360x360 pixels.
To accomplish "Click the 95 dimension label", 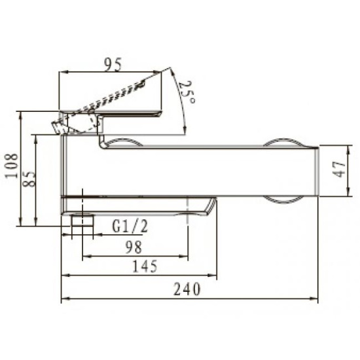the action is click(113, 64).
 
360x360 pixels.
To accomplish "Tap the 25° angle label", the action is click(187, 92).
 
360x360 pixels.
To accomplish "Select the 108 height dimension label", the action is click(12, 166).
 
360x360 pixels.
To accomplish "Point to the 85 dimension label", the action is click(29, 179).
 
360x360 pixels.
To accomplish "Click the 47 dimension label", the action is click(339, 170).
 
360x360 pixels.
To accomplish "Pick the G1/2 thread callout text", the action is click(130, 226).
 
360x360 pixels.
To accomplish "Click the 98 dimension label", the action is click(134, 247).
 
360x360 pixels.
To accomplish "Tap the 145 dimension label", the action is click(145, 266).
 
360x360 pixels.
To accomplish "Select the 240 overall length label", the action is click(187, 289).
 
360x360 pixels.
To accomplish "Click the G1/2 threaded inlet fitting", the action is click(82, 221).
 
